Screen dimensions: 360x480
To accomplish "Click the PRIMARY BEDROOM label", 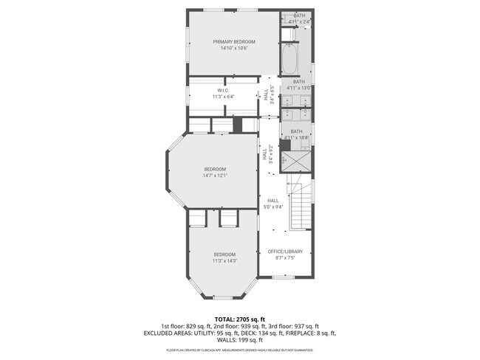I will (x=234, y=42).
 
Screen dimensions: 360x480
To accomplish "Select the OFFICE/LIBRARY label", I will (x=286, y=252).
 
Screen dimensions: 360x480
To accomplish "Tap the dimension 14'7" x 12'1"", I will (x=215, y=175).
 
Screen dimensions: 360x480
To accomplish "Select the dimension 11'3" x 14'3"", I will (x=224, y=260).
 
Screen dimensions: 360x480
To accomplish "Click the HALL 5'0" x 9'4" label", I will (x=272, y=204).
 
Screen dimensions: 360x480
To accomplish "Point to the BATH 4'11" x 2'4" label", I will (x=299, y=18).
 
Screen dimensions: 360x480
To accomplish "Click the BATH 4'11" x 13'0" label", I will (x=299, y=85).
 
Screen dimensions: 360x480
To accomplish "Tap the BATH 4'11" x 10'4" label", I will (x=296, y=134).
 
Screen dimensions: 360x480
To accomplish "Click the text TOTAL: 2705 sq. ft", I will (x=239, y=319).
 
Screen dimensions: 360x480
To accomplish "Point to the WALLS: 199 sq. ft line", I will (x=239, y=341).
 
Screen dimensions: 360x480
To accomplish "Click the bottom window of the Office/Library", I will (x=282, y=277).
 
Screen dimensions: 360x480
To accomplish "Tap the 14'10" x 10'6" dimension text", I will (x=234, y=49).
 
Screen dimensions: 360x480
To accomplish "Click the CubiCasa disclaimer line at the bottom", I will (x=239, y=350).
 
